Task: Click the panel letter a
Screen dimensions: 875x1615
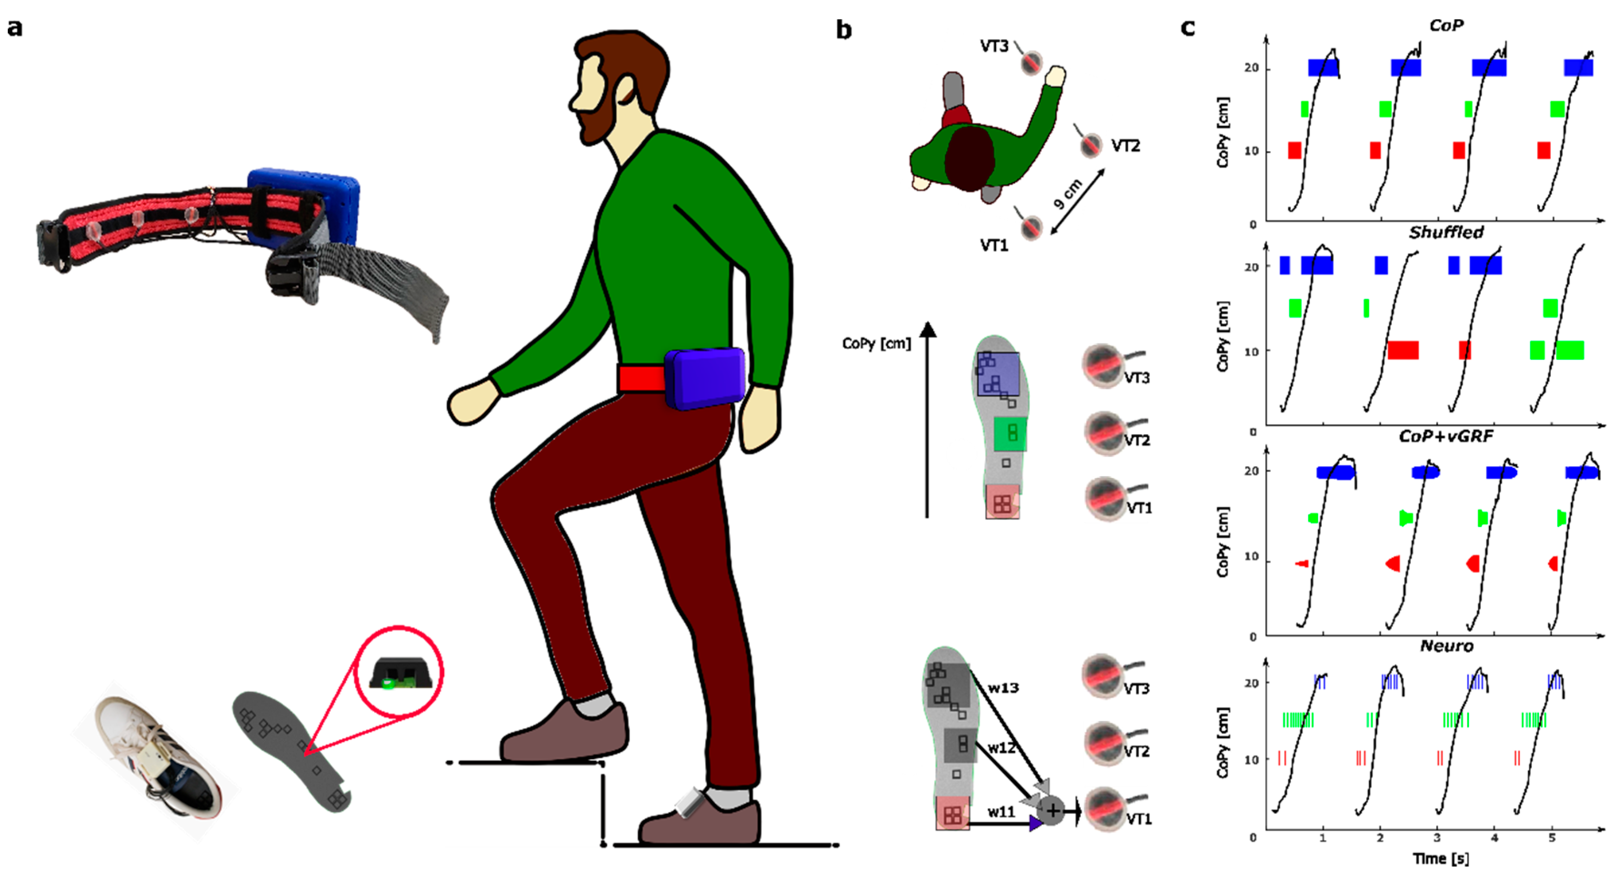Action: (x=15, y=28)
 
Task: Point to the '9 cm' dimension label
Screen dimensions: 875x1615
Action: (x=1068, y=194)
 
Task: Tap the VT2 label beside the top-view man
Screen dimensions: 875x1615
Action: (x=1125, y=146)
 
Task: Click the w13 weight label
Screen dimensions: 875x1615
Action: (x=1003, y=687)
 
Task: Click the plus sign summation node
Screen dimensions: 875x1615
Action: (x=1053, y=810)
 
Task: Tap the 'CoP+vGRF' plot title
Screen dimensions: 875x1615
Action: (x=1446, y=436)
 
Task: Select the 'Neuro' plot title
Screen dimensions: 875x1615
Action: (x=1446, y=646)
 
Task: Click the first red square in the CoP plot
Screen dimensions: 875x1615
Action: (x=1295, y=150)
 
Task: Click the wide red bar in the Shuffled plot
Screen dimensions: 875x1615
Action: (x=1402, y=350)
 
